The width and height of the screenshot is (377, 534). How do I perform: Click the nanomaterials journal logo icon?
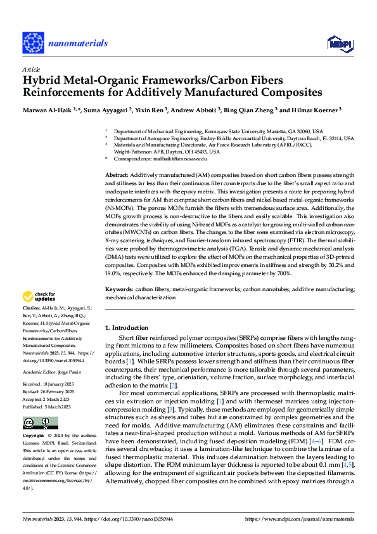(35, 43)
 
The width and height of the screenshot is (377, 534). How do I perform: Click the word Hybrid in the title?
(42, 81)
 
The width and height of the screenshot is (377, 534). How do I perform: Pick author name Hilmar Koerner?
(317, 109)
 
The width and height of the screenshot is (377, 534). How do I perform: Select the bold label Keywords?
(119, 289)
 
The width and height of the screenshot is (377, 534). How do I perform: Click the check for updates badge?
(41, 296)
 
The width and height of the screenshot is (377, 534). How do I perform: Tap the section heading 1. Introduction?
(126, 327)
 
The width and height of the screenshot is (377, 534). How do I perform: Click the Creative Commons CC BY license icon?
(41, 423)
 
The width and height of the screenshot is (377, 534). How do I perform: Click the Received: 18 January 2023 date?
(51, 367)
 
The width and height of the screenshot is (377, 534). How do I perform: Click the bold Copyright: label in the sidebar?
(35, 436)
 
